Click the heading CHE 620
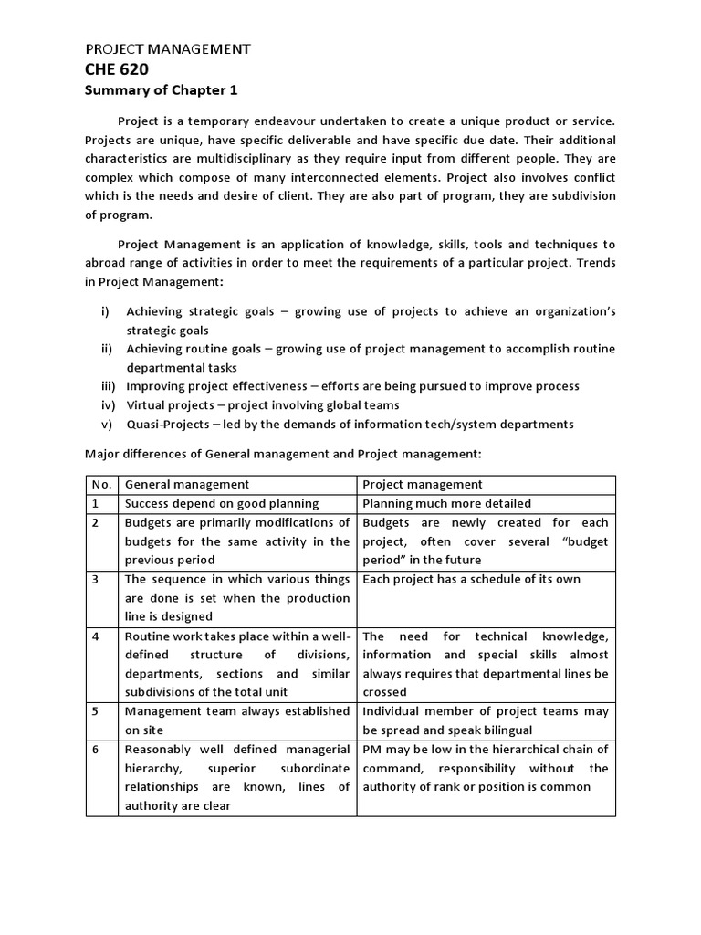pyautogui.click(x=117, y=69)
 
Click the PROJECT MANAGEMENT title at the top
pyautogui.click(x=167, y=48)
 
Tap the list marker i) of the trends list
pyautogui.click(x=106, y=311)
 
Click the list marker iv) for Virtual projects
pyautogui.click(x=107, y=404)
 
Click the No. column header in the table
pyautogui.click(x=101, y=484)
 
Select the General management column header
pyautogui.click(x=186, y=484)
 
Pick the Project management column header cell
pyautogui.click(x=423, y=484)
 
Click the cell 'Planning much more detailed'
pyautogui.click(x=446, y=503)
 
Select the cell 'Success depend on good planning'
pyautogui.click(x=222, y=503)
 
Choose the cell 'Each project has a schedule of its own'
pyautogui.click(x=471, y=579)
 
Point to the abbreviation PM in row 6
pyautogui.click(x=372, y=749)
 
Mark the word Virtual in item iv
pyautogui.click(x=146, y=404)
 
